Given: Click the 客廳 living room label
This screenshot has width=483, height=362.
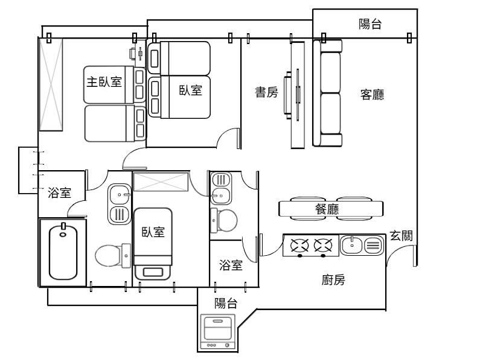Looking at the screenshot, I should point(373,95).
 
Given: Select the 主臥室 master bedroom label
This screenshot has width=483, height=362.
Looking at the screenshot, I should point(104,82).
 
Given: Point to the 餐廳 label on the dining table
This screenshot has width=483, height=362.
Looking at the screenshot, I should point(327,209).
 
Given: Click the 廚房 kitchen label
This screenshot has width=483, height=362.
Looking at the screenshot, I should point(333,279).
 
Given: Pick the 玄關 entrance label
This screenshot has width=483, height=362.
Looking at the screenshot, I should point(401,236).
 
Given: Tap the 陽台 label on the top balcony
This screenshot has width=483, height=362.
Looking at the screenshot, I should point(370,24).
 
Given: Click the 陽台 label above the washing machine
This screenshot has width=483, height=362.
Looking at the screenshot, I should point(226,303).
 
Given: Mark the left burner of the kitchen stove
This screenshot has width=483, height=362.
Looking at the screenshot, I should point(301,246).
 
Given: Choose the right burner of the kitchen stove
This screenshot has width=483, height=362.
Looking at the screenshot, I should point(324,246).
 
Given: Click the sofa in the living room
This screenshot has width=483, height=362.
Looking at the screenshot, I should point(328,93).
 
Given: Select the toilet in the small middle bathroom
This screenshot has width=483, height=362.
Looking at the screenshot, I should point(225,220).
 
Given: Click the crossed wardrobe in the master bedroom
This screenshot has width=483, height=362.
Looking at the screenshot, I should point(51,83).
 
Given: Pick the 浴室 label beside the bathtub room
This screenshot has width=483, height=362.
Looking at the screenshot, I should point(60,193).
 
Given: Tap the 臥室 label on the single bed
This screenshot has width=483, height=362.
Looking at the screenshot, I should point(153,233).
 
